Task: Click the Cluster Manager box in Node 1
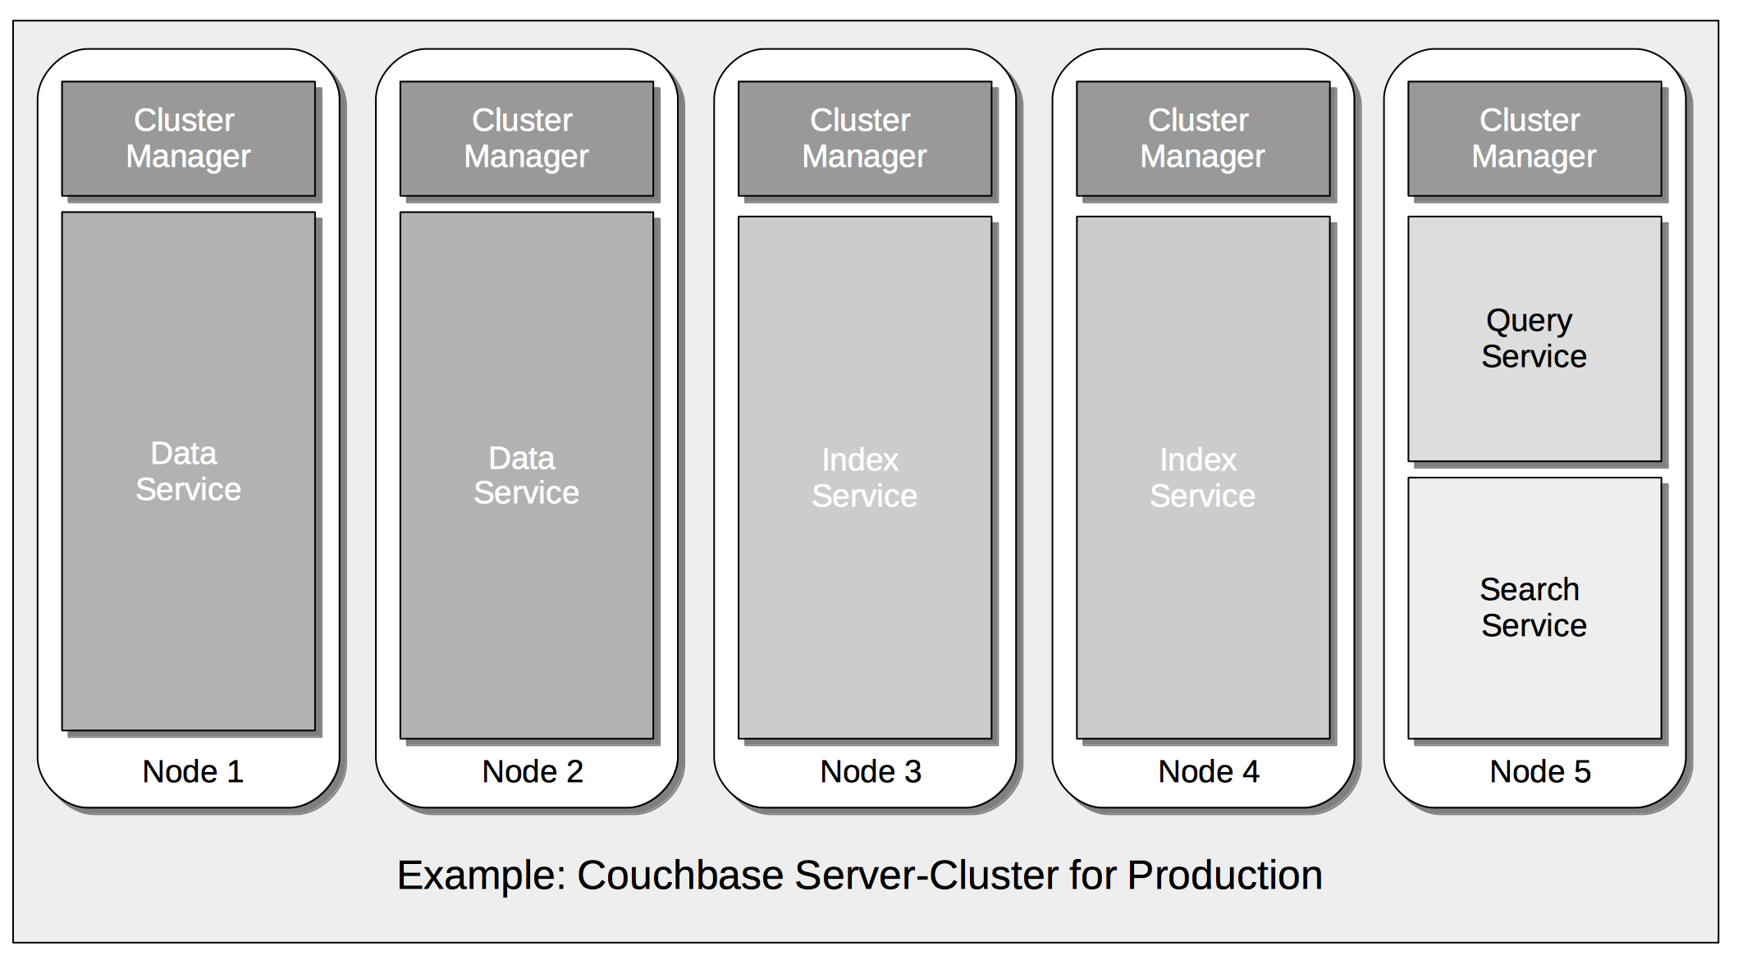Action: point(188,138)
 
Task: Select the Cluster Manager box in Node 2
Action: point(526,138)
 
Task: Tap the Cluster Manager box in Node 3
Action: point(864,138)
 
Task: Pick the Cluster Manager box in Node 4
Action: point(1202,138)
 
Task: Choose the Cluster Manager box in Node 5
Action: point(1534,138)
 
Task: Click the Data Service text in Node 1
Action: point(188,472)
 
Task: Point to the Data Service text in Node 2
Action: point(526,476)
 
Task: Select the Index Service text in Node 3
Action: point(864,478)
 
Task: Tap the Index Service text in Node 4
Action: point(1202,478)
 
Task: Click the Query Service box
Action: point(1534,338)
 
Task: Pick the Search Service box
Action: point(1534,607)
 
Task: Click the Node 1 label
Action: point(193,771)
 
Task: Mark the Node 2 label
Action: point(532,771)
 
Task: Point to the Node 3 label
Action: point(871,771)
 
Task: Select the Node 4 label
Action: point(1209,771)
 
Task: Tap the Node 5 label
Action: point(1540,771)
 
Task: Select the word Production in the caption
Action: point(1224,875)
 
